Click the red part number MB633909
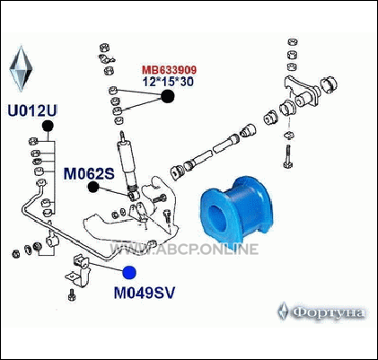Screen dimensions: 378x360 pos(169,70)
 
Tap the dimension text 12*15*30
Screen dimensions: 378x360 pos(168,82)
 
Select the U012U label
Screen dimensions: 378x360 pos(32,110)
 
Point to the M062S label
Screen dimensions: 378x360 pos(89,173)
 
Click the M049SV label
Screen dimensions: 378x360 pos(145,293)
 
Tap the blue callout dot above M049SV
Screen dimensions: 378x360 pos(129,272)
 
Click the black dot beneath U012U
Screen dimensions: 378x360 pos(48,126)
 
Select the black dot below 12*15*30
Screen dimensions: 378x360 pos(168,96)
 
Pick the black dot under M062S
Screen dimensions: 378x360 pos(93,187)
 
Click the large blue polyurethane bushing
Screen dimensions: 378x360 pos(236,209)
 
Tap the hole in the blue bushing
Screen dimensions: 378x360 pos(217,217)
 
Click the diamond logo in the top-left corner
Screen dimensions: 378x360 pos(21,68)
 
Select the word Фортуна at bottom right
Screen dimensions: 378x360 pos(328,313)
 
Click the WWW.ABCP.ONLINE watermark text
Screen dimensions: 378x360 pos(184,250)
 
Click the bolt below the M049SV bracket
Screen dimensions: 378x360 pos(71,294)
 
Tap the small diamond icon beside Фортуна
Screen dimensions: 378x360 pos(283,311)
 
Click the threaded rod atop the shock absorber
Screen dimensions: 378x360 pos(122,136)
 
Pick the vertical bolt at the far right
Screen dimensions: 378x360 pos(287,156)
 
